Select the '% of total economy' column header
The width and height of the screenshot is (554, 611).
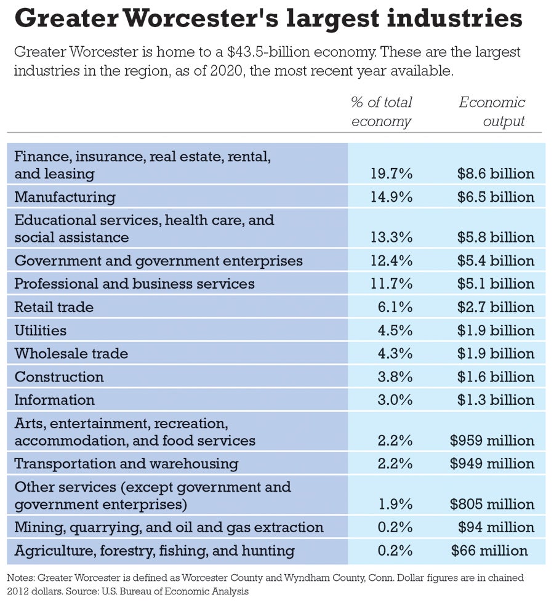click(381, 111)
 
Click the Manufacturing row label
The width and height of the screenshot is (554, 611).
click(65, 197)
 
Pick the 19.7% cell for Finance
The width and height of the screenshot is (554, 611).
click(391, 174)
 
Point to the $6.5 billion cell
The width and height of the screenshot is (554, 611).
click(496, 197)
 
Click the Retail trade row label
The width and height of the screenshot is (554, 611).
click(54, 307)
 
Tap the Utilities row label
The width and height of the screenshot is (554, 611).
click(41, 330)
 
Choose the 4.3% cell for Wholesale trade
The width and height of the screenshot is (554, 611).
click(395, 354)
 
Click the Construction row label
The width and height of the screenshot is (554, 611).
click(59, 377)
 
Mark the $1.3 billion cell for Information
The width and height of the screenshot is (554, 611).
click(496, 400)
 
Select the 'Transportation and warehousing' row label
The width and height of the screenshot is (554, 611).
click(126, 463)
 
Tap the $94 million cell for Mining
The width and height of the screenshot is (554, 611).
click(496, 527)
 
